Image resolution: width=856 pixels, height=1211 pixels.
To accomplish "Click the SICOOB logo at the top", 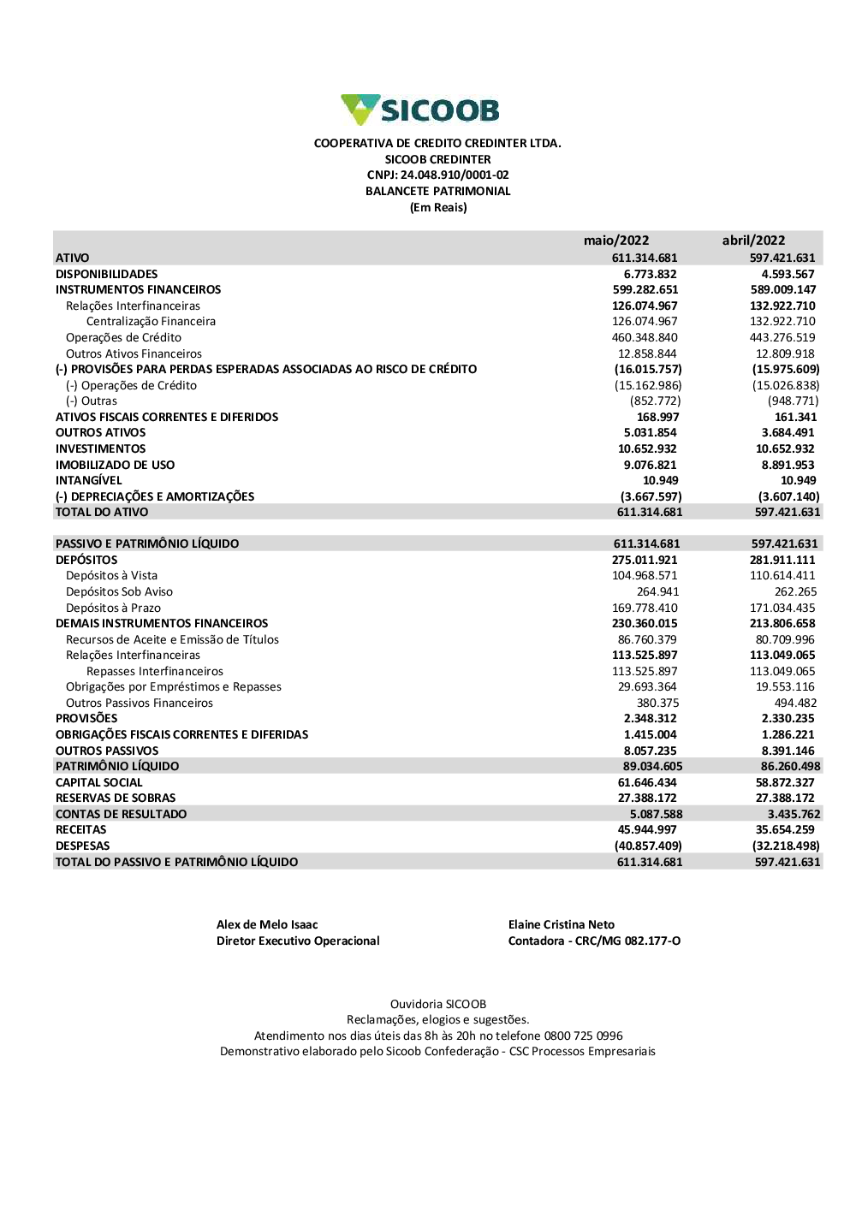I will [x=419, y=110].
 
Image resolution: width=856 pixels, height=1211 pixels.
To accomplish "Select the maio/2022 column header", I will [x=616, y=240].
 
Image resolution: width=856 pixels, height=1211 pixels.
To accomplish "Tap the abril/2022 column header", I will [x=753, y=240].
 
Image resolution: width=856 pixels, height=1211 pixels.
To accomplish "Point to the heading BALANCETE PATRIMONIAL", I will [x=437, y=192].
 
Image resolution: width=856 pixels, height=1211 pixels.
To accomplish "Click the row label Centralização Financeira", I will [x=151, y=322].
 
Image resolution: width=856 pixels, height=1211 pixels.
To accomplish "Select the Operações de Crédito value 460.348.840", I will [x=645, y=338].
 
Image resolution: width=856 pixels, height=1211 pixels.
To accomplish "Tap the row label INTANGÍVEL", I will [x=89, y=481].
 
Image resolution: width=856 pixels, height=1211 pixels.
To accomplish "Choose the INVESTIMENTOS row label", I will [x=100, y=449].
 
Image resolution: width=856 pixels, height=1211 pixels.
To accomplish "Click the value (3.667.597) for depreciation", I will [x=651, y=496].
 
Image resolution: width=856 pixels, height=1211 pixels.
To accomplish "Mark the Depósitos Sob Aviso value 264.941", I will [x=657, y=592].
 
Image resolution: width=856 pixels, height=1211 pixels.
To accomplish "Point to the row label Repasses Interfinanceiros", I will [x=155, y=672].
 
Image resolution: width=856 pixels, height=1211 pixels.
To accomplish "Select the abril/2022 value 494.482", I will [x=795, y=703].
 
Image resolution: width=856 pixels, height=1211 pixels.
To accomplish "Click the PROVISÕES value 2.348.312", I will [x=650, y=719].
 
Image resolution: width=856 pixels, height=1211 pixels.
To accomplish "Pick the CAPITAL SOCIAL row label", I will [x=99, y=783].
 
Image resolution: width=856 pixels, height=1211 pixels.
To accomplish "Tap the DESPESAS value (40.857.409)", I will [x=648, y=846].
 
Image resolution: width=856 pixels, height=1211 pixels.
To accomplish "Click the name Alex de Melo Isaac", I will [x=267, y=925].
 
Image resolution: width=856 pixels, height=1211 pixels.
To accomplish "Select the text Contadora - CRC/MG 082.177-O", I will [x=594, y=941].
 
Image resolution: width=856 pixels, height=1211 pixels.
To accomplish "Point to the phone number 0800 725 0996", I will [x=583, y=1036].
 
